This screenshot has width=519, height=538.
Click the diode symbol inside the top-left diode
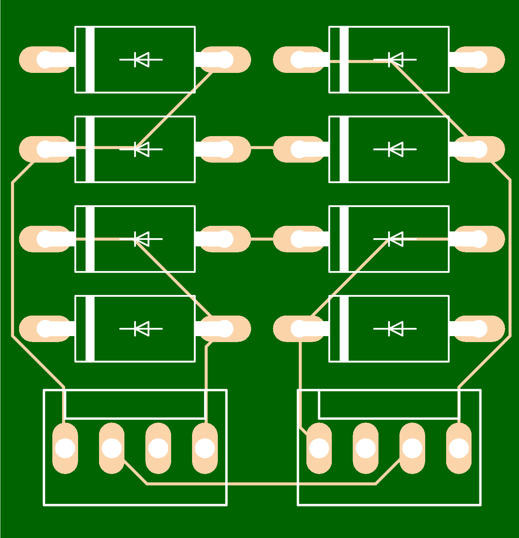(141, 59)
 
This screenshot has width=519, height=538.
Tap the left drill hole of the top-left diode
(46, 59)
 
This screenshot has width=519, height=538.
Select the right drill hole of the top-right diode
(478, 59)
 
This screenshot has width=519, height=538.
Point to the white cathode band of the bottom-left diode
(90, 329)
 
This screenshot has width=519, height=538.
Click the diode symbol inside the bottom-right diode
(395, 329)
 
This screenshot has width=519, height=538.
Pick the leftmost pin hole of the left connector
(65, 448)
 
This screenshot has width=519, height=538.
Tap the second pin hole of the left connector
(112, 448)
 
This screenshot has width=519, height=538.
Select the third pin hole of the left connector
(158, 448)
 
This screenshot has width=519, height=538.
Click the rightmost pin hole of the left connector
(205, 448)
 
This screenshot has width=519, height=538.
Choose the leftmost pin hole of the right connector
(319, 448)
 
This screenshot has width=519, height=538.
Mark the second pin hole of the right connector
(365, 448)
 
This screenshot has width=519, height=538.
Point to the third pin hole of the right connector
(412, 448)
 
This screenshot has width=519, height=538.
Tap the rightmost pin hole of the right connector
(459, 448)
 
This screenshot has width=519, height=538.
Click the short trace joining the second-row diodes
(262, 149)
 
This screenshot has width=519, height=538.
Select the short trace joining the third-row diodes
(262, 239)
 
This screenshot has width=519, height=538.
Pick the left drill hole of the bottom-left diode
(46, 329)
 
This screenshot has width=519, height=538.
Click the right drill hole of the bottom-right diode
(478, 329)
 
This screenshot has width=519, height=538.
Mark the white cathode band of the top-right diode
(344, 59)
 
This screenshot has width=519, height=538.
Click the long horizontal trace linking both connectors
(262, 484)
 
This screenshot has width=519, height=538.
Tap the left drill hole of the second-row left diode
(46, 149)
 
